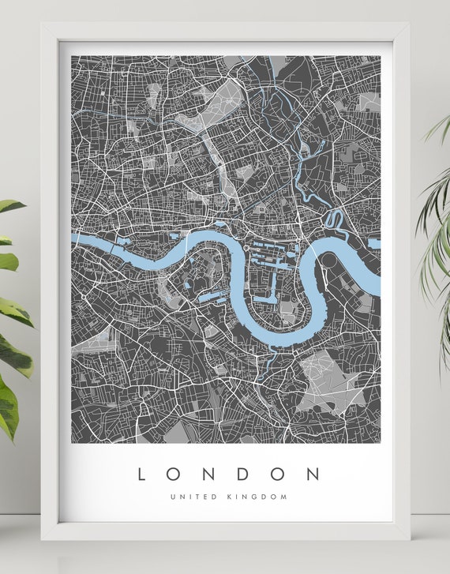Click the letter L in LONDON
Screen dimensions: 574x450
[x=142, y=474]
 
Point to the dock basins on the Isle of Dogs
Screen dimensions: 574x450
[x=272, y=261]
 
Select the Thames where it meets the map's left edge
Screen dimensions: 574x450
[x=74, y=238]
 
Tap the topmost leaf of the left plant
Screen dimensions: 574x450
[x=9, y=206]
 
